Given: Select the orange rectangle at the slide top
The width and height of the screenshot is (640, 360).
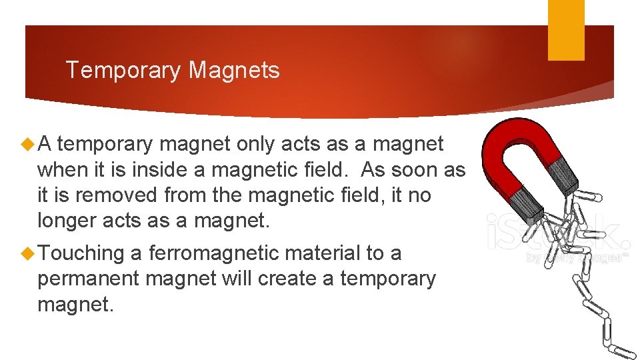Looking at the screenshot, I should click(x=565, y=29).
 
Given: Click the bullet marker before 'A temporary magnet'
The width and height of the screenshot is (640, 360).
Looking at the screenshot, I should click(x=28, y=144).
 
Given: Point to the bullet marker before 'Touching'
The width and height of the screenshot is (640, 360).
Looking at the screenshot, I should click(x=28, y=253).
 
